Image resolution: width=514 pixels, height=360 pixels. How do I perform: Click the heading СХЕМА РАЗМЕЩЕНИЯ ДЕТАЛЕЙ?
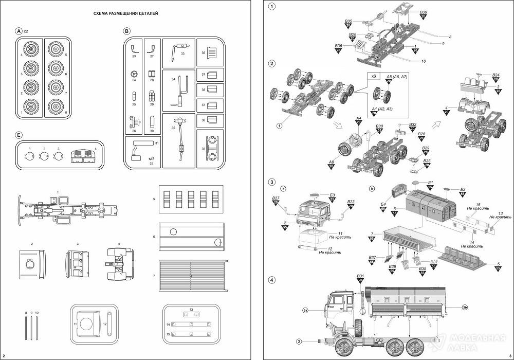click(121, 14)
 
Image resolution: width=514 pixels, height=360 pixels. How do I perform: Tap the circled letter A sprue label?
click(19, 31)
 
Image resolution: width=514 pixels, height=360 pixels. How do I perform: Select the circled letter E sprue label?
click(19, 135)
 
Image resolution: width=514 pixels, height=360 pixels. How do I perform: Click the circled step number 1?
click(271, 7)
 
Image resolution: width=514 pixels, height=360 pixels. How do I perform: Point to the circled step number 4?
click(271, 280)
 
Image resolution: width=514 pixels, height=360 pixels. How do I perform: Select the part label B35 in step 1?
click(348, 22)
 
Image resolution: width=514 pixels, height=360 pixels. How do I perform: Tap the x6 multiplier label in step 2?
click(374, 76)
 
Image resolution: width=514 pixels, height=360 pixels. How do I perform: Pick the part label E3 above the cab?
click(332, 195)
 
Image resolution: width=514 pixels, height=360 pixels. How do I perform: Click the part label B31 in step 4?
click(360, 277)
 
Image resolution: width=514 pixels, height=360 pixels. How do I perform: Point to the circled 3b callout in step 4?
click(464, 308)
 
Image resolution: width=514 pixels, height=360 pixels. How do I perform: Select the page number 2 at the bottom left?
click(4, 355)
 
